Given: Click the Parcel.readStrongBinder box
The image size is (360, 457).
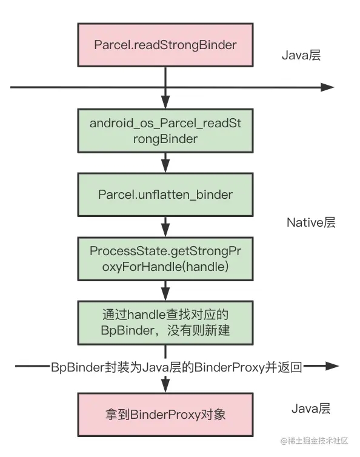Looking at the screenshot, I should pos(165,45).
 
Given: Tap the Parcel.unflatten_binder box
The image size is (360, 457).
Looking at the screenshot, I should pos(165,194).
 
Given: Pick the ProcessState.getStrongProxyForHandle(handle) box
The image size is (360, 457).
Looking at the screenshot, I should pos(165,258).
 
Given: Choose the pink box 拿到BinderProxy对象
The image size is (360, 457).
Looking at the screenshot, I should pos(165,415).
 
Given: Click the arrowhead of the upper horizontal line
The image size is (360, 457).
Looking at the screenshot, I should pos(327,87).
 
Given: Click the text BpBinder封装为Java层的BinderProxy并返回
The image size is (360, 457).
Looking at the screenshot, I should pos(176,366).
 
